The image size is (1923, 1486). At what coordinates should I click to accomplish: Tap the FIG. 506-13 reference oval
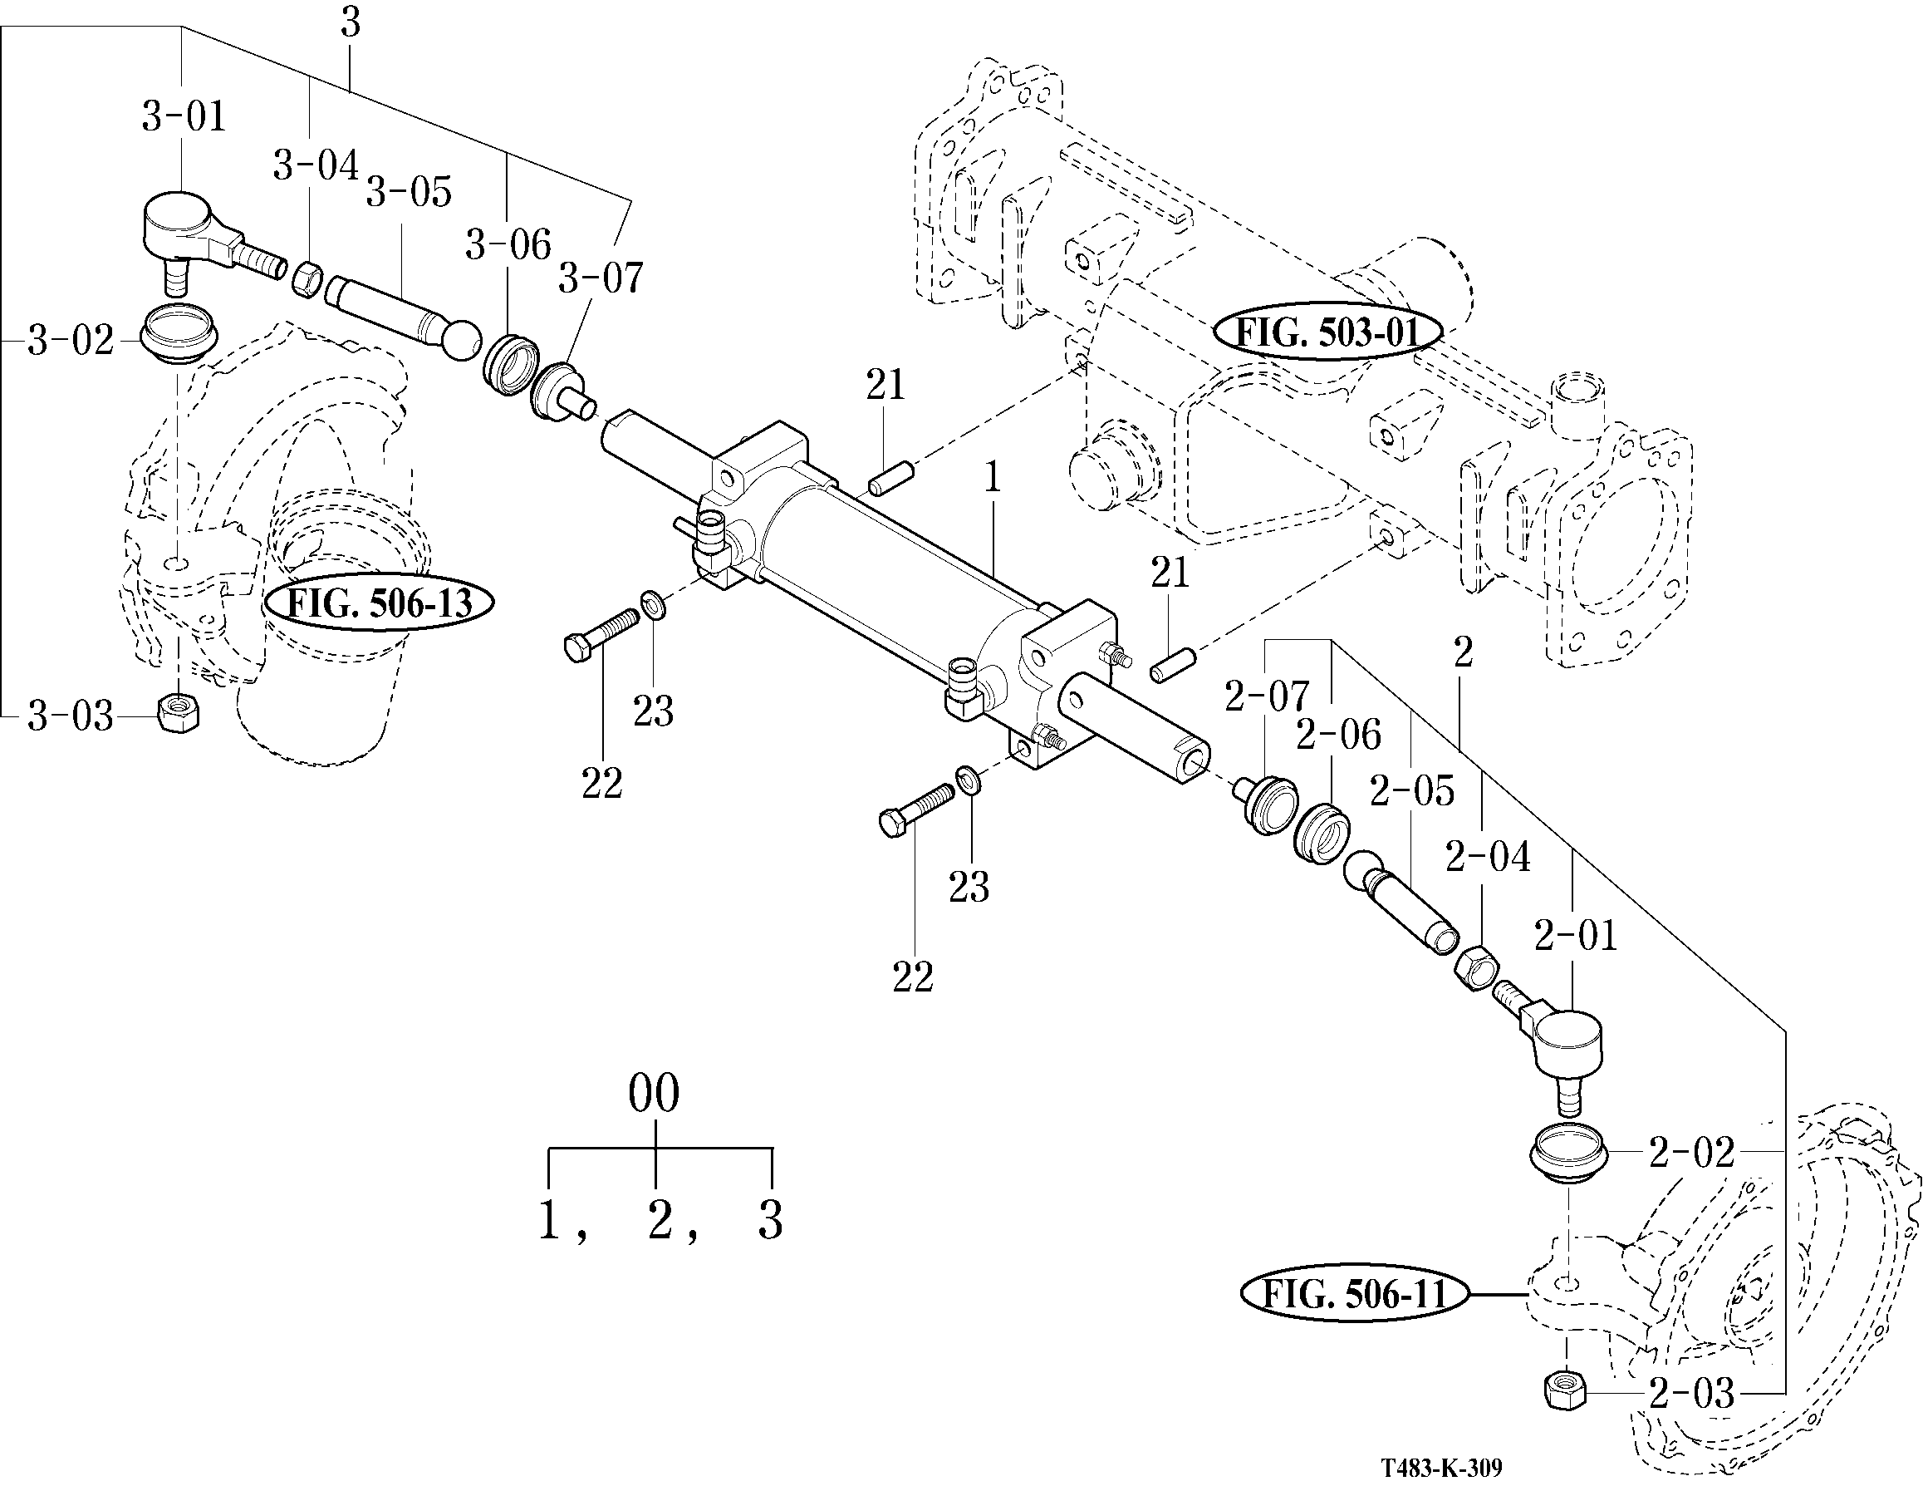[380, 603]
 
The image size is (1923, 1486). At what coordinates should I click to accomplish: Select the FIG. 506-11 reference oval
[1355, 1294]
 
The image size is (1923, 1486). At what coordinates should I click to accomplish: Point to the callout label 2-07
[1267, 696]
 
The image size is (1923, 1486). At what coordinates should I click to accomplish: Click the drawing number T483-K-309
[1441, 1468]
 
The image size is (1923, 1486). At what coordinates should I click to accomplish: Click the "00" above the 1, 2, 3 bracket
[654, 1094]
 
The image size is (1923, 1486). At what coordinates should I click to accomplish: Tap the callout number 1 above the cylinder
[993, 479]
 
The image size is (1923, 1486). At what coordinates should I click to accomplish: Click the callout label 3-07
[601, 278]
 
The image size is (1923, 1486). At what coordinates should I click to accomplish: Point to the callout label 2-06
[1338, 735]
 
